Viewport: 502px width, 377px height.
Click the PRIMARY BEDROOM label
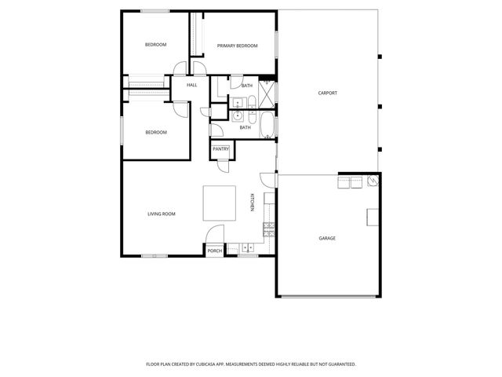click(238, 46)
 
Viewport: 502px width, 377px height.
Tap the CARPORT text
click(328, 93)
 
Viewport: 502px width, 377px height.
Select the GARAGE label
click(327, 238)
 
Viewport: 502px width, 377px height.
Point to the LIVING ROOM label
click(161, 214)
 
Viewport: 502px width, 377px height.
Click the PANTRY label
click(220, 148)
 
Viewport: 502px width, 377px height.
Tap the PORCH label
click(214, 251)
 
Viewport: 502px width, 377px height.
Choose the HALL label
click(191, 85)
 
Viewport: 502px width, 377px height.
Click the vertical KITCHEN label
click(252, 203)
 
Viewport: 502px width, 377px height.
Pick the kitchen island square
click(219, 203)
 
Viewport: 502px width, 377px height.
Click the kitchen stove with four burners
click(270, 229)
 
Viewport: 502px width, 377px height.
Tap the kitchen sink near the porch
click(247, 247)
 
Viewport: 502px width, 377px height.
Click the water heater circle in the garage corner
click(374, 181)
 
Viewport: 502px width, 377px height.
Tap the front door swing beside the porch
click(213, 236)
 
